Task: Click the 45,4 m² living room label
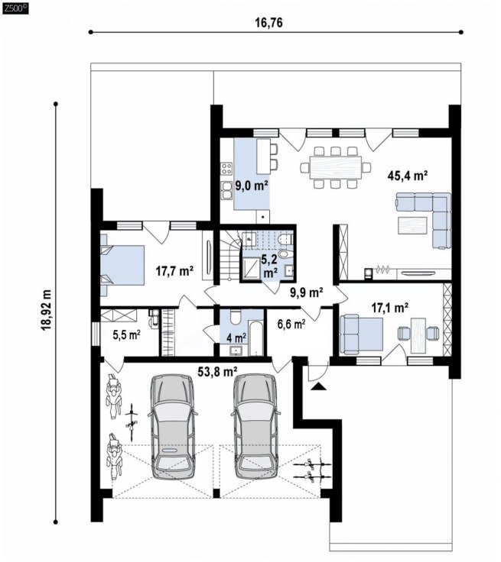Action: pos(407,176)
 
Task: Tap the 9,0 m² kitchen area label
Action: pos(252,186)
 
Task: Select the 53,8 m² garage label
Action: pos(218,372)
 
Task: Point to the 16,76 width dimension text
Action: pos(268,23)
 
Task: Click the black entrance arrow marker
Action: pos(319,386)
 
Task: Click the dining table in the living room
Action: pos(336,167)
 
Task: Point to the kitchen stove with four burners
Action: pos(226,169)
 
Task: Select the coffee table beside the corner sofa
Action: pos(412,225)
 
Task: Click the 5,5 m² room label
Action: pos(126,335)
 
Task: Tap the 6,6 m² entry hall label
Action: pos(291,325)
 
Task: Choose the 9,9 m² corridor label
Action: pos(306,292)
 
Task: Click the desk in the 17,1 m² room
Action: pos(418,334)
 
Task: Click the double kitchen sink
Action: pos(226,190)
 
